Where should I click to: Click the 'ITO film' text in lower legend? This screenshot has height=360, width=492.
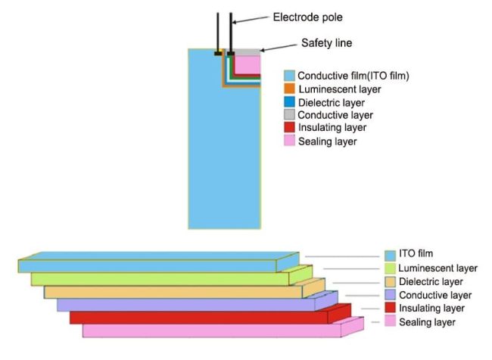(x=416, y=253)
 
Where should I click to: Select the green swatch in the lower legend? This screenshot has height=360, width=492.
(x=390, y=268)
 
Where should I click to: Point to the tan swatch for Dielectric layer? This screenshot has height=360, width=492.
(x=390, y=281)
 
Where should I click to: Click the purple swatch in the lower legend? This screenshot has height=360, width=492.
(x=390, y=295)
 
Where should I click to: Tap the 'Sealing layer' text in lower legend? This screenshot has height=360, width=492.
(x=428, y=322)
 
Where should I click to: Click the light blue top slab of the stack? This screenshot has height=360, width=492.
(x=151, y=265)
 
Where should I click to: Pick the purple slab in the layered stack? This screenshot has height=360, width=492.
(x=189, y=305)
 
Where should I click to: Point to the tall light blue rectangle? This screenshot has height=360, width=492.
(x=212, y=151)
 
